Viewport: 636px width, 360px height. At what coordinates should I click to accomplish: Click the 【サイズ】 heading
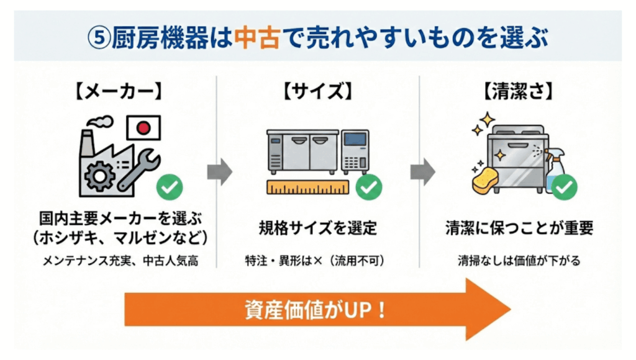[x=317, y=93]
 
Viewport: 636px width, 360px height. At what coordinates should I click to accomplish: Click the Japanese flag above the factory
[x=143, y=128]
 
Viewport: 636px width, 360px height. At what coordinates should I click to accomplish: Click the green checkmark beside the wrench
[x=168, y=187]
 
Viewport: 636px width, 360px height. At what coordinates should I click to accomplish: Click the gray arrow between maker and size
[x=219, y=172]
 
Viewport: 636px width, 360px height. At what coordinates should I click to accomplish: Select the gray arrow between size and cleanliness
[x=422, y=172]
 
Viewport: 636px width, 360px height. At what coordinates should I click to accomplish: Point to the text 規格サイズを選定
[x=317, y=228]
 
